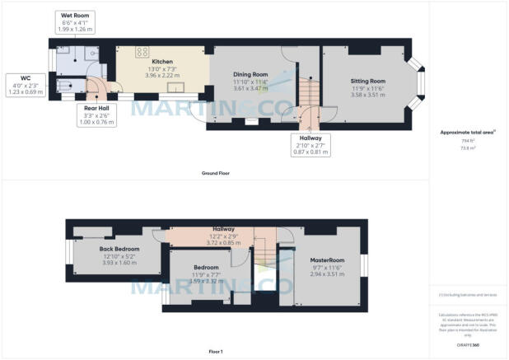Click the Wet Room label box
pos(74,22)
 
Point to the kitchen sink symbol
pos(175,88)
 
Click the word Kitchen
pos(161,61)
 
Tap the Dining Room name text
pos(251,74)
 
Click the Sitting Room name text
pos(368,81)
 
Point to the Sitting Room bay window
pos(421,82)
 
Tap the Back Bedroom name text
pos(119,248)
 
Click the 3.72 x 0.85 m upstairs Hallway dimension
pos(224,243)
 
